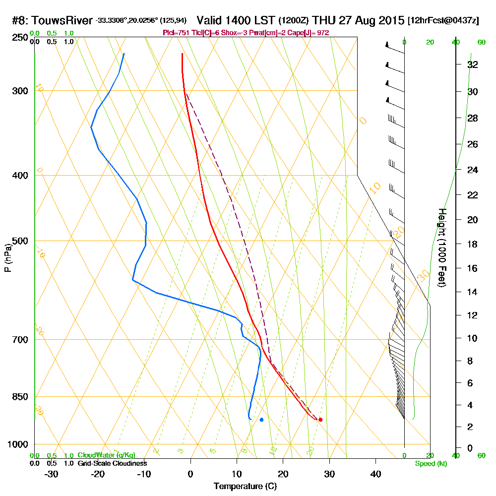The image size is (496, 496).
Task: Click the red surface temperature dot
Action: [x=320, y=420]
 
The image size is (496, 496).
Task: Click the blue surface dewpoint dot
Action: [x=261, y=420]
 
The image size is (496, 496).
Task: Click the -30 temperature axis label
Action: [x=51, y=474]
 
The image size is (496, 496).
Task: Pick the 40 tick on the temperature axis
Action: [x=375, y=474]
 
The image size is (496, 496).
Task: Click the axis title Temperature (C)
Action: [x=245, y=487]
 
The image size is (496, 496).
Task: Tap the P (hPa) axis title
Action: [x=7, y=257]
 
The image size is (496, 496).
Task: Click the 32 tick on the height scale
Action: [x=472, y=64]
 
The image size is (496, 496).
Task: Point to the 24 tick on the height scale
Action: [x=472, y=170]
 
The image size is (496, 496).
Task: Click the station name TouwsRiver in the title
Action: [x=62, y=21]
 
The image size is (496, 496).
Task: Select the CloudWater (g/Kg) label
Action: [x=106, y=455]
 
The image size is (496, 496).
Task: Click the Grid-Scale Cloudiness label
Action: [x=112, y=463]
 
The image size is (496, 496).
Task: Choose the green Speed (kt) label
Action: [x=431, y=464]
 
